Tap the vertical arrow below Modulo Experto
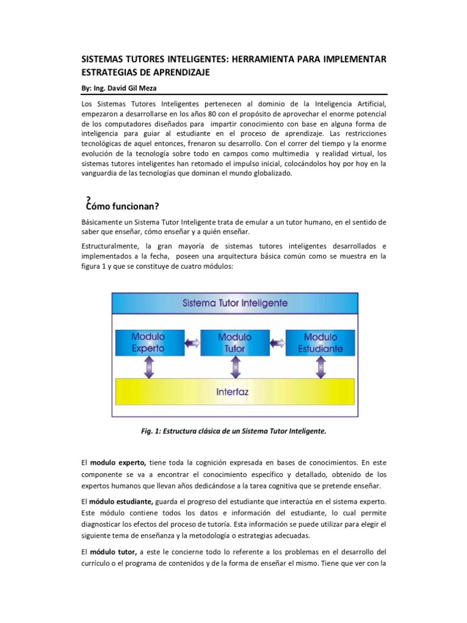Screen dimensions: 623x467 (x=148, y=367)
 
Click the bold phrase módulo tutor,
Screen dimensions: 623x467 (x=114, y=551)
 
